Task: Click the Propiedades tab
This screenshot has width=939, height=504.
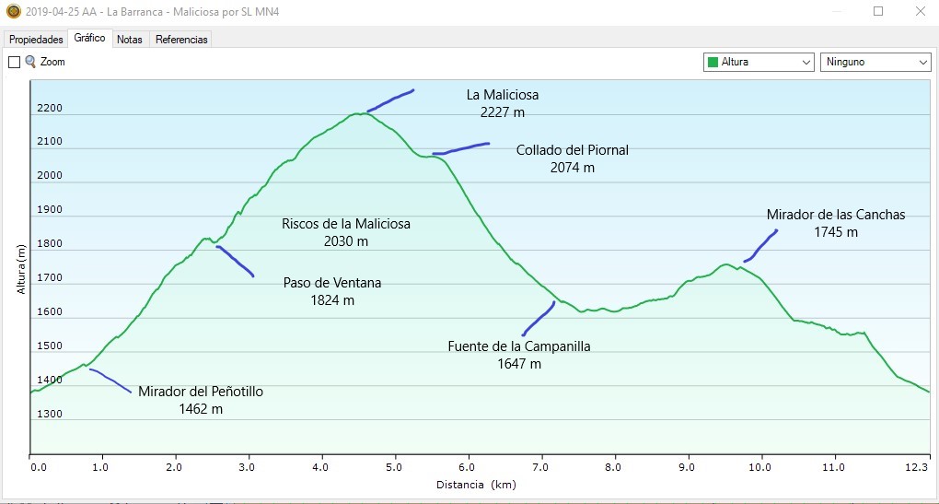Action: click(36, 40)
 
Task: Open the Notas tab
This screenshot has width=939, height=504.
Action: click(130, 40)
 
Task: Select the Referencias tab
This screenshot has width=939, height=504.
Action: click(181, 40)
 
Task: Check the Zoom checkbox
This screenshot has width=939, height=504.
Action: click(14, 62)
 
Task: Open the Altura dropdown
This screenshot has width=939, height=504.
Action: click(759, 62)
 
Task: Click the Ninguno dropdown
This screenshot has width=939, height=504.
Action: click(875, 62)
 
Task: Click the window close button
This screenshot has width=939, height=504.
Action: click(919, 11)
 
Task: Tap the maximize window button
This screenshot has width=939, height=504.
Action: click(878, 11)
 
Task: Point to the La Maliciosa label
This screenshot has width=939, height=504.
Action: click(502, 103)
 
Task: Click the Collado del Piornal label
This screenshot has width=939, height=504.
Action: click(572, 158)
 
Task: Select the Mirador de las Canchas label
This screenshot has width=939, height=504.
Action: click(836, 223)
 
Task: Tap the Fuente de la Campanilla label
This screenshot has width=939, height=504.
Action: click(519, 355)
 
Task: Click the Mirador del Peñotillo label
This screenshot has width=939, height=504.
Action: click(201, 400)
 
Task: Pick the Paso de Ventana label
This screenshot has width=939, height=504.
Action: click(332, 291)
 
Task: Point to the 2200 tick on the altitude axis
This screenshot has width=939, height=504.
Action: click(50, 109)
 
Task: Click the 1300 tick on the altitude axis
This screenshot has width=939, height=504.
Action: click(50, 414)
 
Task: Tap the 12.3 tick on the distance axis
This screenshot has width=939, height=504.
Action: click(916, 467)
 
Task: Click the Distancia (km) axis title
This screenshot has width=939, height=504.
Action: click(476, 485)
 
